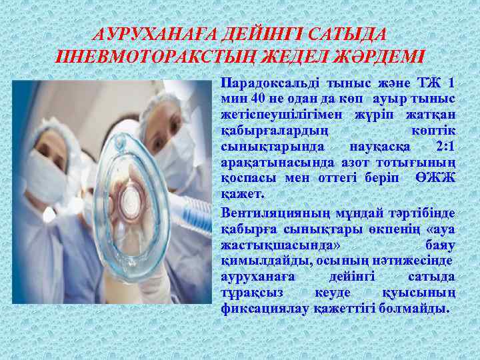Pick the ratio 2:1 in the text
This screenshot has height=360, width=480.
443,146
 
